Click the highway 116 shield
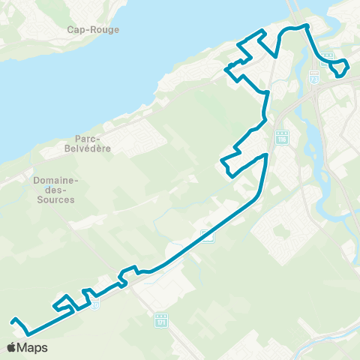click(281, 139)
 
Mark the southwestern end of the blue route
click(13, 321)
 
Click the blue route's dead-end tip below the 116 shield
click(265, 154)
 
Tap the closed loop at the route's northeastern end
click(339, 67)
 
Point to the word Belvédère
click(93, 148)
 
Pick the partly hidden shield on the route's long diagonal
click(208, 236)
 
